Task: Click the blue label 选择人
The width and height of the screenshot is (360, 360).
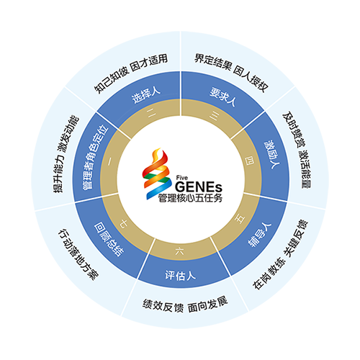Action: (x=145, y=95)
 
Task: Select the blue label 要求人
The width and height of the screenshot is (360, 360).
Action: (x=222, y=96)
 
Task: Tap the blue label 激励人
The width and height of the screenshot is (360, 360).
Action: (x=272, y=154)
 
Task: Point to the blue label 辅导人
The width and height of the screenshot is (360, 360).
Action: (x=259, y=235)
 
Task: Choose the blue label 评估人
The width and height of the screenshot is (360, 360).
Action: (x=180, y=275)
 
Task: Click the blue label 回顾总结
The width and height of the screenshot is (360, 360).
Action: (x=109, y=239)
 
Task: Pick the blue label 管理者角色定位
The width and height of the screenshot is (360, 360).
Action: (x=95, y=157)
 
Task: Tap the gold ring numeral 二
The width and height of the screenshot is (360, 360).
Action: (x=151, y=113)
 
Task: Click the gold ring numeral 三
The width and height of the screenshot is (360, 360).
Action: (x=214, y=116)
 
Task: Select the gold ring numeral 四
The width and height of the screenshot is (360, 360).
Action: (x=249, y=161)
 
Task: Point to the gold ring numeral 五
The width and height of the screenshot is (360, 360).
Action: (x=240, y=219)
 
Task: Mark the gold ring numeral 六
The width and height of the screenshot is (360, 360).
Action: (x=180, y=251)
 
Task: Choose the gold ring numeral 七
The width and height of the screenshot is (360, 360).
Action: (x=124, y=224)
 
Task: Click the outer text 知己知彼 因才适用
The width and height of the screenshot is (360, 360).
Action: (x=131, y=73)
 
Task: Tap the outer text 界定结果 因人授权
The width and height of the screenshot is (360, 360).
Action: (x=231, y=72)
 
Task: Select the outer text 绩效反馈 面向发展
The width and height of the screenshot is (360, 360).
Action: (x=185, y=305)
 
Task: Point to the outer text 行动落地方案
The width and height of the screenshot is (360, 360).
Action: (x=78, y=254)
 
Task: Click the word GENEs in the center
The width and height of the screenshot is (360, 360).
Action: (x=199, y=186)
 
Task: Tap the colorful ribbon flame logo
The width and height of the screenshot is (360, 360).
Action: (x=157, y=174)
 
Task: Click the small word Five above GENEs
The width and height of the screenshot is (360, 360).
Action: (x=182, y=178)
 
